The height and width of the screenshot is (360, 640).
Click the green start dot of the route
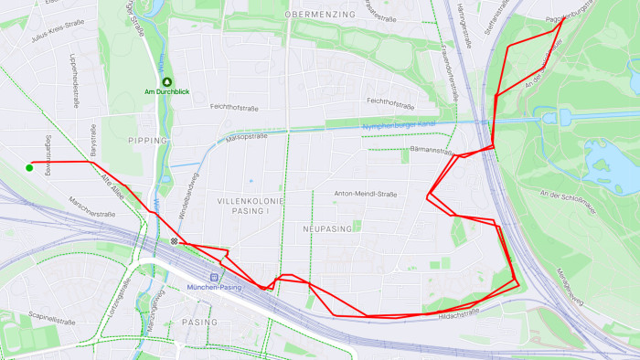29,167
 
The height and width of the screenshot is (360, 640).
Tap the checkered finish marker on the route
174,241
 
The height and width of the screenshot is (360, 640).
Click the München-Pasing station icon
215,276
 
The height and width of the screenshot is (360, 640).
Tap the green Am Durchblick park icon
166,81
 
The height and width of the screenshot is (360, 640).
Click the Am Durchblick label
166,92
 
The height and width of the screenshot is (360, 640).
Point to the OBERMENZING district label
318,16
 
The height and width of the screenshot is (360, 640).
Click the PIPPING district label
148,141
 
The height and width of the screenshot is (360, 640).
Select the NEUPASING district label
326,228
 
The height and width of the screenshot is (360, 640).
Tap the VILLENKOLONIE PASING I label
250,205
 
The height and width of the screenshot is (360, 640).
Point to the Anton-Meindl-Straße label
366,194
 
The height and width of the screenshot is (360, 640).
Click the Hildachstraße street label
459,313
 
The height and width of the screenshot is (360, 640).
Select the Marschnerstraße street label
92,208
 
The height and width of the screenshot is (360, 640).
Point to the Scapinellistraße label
51,321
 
